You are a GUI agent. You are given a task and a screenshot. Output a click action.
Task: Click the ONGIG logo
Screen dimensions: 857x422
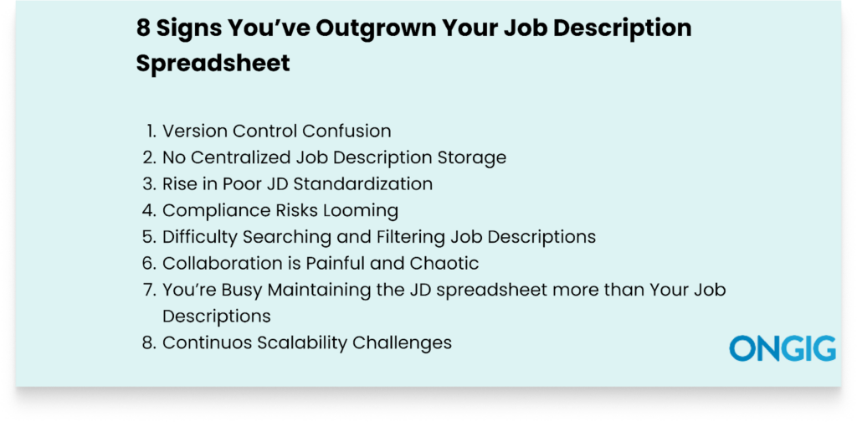pyautogui.click(x=783, y=349)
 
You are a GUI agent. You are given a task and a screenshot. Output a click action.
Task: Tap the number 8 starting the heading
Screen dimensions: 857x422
pyautogui.click(x=143, y=29)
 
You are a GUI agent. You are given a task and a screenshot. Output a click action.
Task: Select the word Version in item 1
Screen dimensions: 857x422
pyautogui.click(x=194, y=131)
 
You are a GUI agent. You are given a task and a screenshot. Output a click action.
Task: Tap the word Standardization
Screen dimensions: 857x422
pyautogui.click(x=363, y=183)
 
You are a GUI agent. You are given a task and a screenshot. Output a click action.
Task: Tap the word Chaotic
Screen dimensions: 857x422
pyautogui.click(x=446, y=264)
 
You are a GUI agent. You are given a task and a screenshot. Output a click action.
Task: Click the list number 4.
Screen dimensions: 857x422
pyautogui.click(x=149, y=210)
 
